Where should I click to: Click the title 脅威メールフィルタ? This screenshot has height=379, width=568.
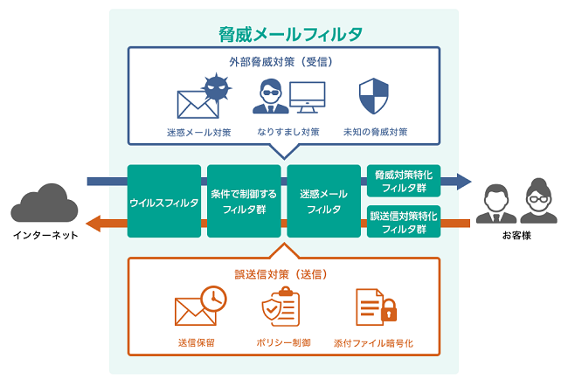pos(290,35)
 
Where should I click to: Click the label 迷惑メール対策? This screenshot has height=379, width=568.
pos(199,133)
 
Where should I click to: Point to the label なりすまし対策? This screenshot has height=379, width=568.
pos(287,133)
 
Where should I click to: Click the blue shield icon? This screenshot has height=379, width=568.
pos(373,96)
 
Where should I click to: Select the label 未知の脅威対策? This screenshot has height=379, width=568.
pos(377,133)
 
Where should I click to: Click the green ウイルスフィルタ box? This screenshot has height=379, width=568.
pos(164,201)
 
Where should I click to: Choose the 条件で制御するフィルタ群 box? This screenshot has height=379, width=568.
pos(244,201)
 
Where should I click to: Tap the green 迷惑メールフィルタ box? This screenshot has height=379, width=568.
pos(323,201)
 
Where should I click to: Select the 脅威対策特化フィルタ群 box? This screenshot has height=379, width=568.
pos(403,181)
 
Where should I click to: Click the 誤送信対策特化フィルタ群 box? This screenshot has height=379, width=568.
pos(403,222)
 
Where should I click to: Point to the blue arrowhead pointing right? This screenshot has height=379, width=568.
pos(462,182)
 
